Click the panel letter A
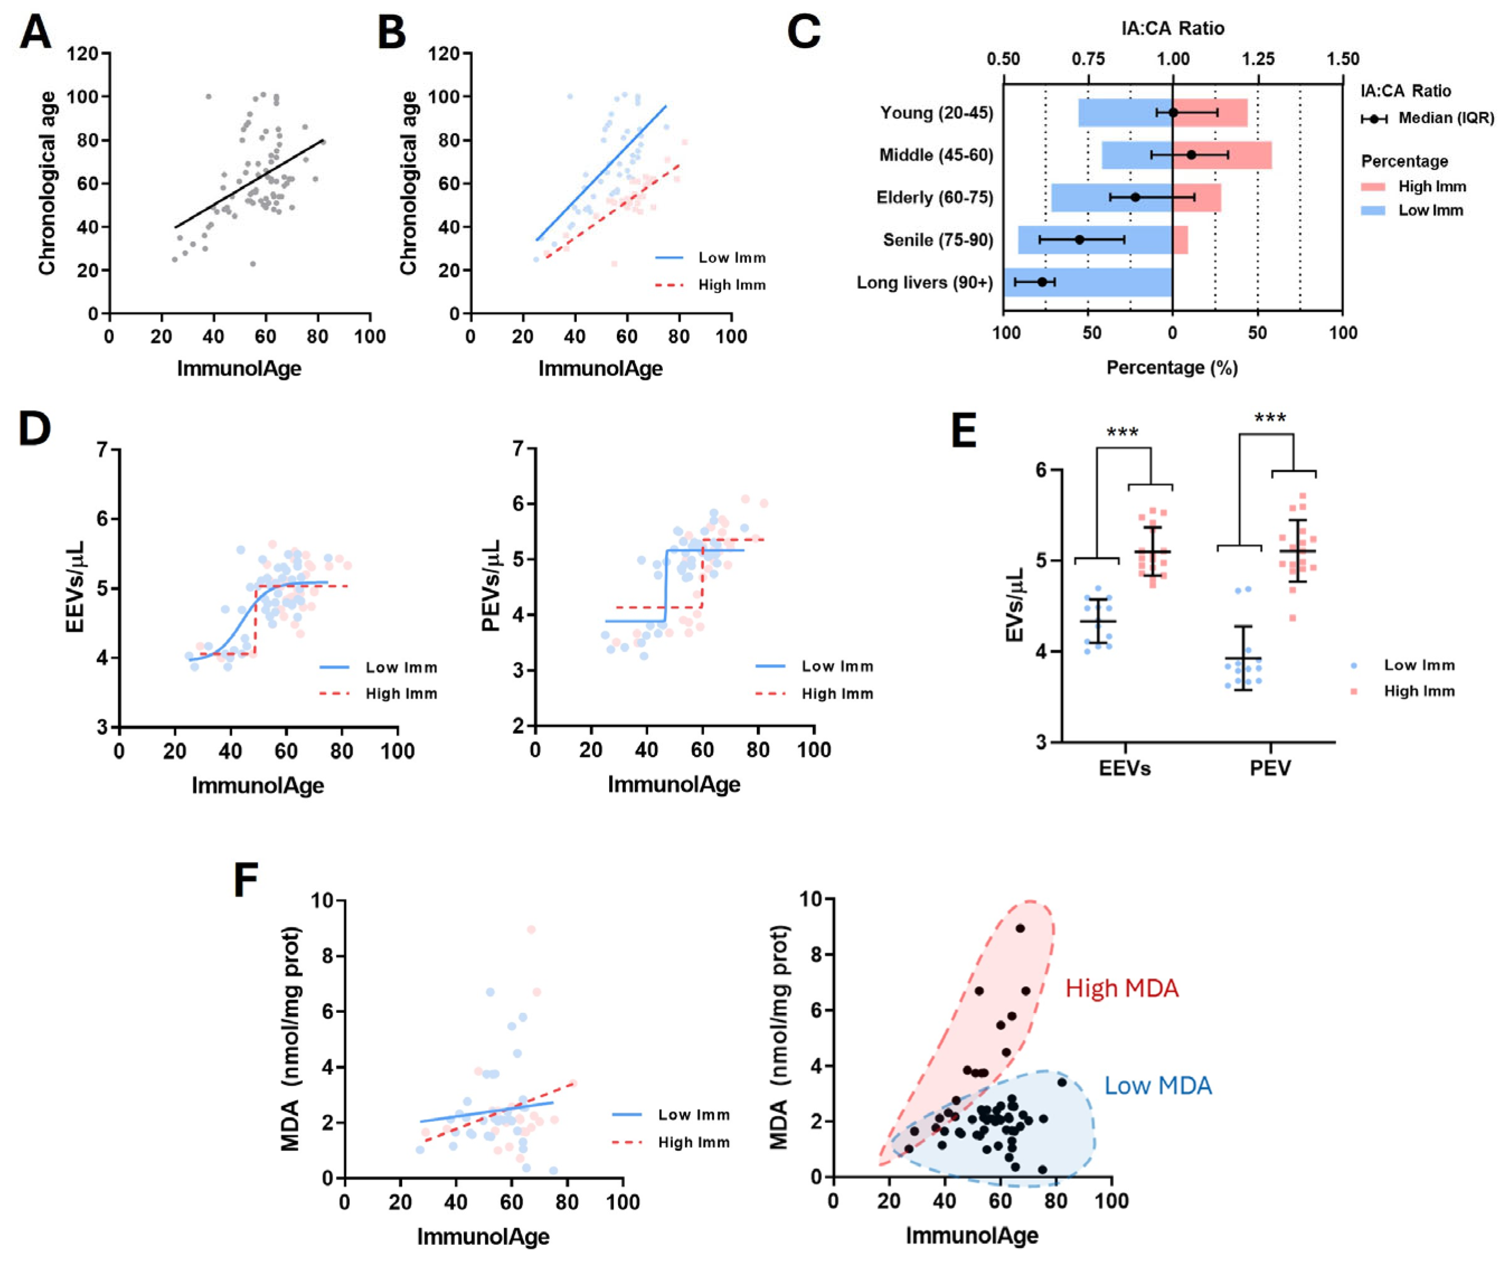pyautogui.click(x=36, y=32)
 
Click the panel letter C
pyautogui.click(x=804, y=32)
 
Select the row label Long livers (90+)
pyautogui.click(x=925, y=282)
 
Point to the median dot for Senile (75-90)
pyautogui.click(x=1080, y=239)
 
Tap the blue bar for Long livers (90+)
pyautogui.click(x=1089, y=282)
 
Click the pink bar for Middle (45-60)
pyautogui.click(x=1223, y=155)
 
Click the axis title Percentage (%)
pyautogui.click(x=1172, y=368)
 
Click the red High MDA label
pyautogui.click(x=1122, y=989)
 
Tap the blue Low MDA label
pyautogui.click(x=1158, y=1086)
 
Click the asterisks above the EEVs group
pyautogui.click(x=1123, y=433)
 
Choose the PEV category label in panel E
pyautogui.click(x=1270, y=769)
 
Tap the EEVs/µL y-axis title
pyautogui.click(x=75, y=588)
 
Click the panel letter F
pyautogui.click(x=246, y=880)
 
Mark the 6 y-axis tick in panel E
pyautogui.click(x=1041, y=470)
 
